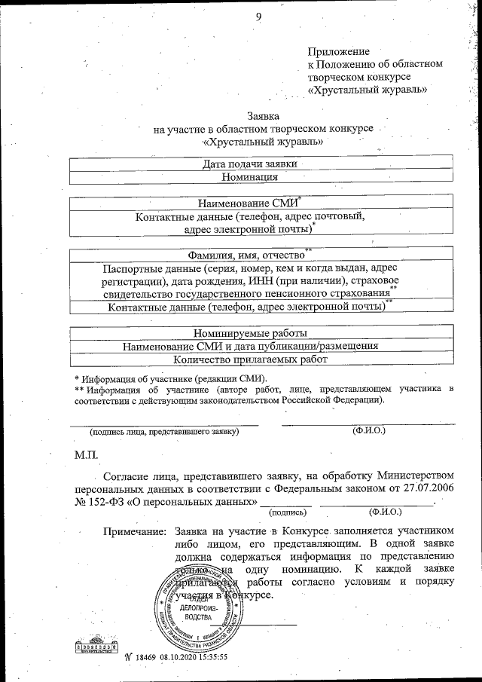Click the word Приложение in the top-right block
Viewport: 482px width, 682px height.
point(338,51)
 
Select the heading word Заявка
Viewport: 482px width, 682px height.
point(263,116)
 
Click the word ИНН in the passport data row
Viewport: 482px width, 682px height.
point(289,280)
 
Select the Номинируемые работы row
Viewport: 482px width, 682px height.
point(251,332)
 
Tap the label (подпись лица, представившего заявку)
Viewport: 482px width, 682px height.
point(164,432)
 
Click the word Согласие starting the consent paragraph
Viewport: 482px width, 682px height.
point(129,475)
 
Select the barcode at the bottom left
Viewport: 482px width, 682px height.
point(93,646)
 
